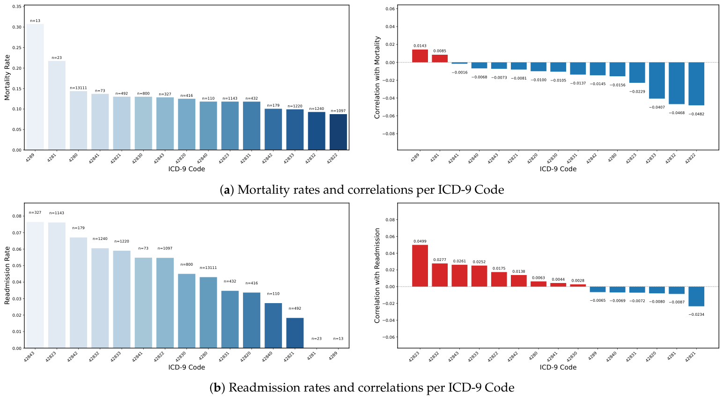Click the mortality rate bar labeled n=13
(35, 87)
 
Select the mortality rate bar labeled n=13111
(78, 121)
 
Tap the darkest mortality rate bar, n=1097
(338, 132)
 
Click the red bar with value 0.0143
(420, 56)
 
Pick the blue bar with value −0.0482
(696, 84)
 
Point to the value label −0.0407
(657, 107)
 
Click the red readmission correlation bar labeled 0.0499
(420, 266)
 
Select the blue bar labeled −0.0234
(696, 297)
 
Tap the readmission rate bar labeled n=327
(35, 285)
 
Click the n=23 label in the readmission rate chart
(317, 339)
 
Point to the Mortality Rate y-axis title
(7, 77)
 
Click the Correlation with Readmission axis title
(376, 276)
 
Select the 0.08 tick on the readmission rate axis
(17, 216)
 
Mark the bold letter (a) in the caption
(227, 190)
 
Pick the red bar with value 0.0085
(440, 58)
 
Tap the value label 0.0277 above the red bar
(440, 260)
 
